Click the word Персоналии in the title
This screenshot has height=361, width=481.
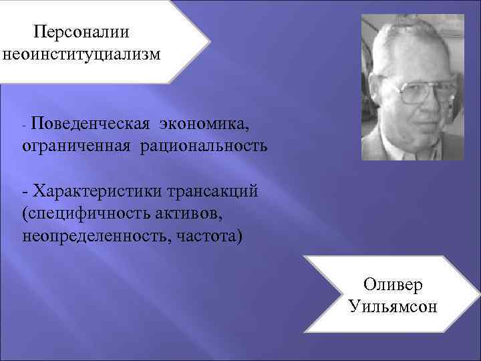point(82,31)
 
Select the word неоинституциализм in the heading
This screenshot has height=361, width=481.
point(82,53)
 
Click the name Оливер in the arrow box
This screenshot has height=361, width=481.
point(393,285)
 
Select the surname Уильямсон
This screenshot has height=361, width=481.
point(393,307)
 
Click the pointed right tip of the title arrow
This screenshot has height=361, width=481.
point(208,41)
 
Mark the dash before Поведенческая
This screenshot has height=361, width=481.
point(25,124)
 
